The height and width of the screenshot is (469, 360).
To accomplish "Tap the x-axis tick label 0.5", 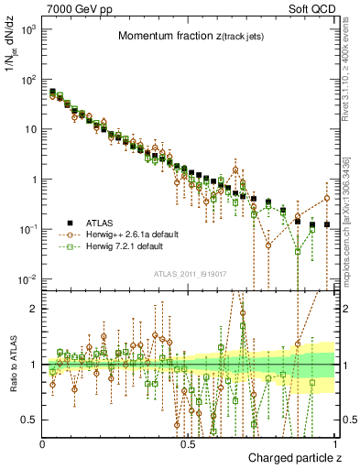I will (188, 444).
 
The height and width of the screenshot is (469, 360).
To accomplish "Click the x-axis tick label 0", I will (43, 444).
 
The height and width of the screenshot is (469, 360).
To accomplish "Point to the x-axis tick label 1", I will (333, 444).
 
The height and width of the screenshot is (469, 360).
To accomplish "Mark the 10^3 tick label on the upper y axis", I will (29, 29).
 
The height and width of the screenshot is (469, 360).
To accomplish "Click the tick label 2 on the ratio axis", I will (35, 309).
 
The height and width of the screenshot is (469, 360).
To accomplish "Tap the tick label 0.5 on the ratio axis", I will (30, 420).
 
